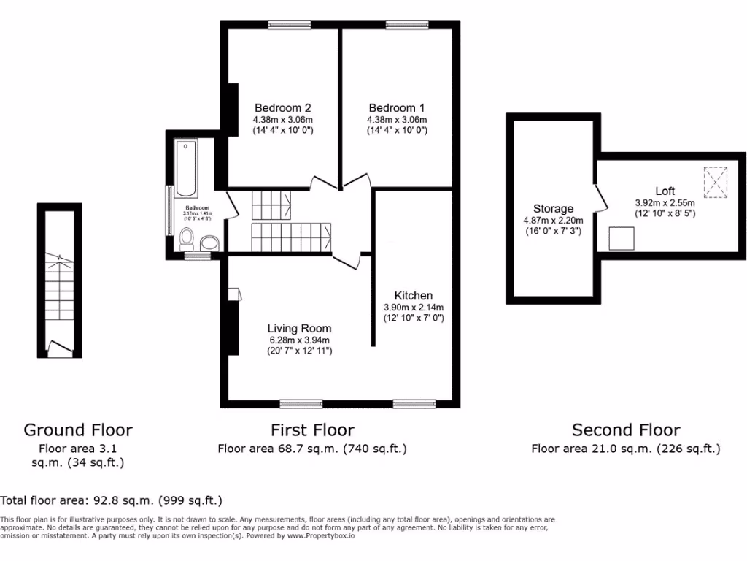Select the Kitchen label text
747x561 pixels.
(x=414, y=296)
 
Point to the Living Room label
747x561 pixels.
(x=299, y=329)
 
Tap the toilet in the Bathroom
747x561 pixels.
(x=187, y=238)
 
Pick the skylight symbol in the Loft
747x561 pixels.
(x=716, y=182)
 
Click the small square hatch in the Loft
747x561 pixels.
(x=622, y=238)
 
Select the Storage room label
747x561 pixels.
(x=553, y=209)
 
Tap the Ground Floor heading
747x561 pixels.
(x=78, y=430)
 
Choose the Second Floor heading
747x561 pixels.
(x=626, y=430)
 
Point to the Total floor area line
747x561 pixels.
(x=111, y=500)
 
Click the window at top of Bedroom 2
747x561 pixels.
(x=290, y=26)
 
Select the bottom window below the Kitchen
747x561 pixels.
(x=414, y=402)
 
